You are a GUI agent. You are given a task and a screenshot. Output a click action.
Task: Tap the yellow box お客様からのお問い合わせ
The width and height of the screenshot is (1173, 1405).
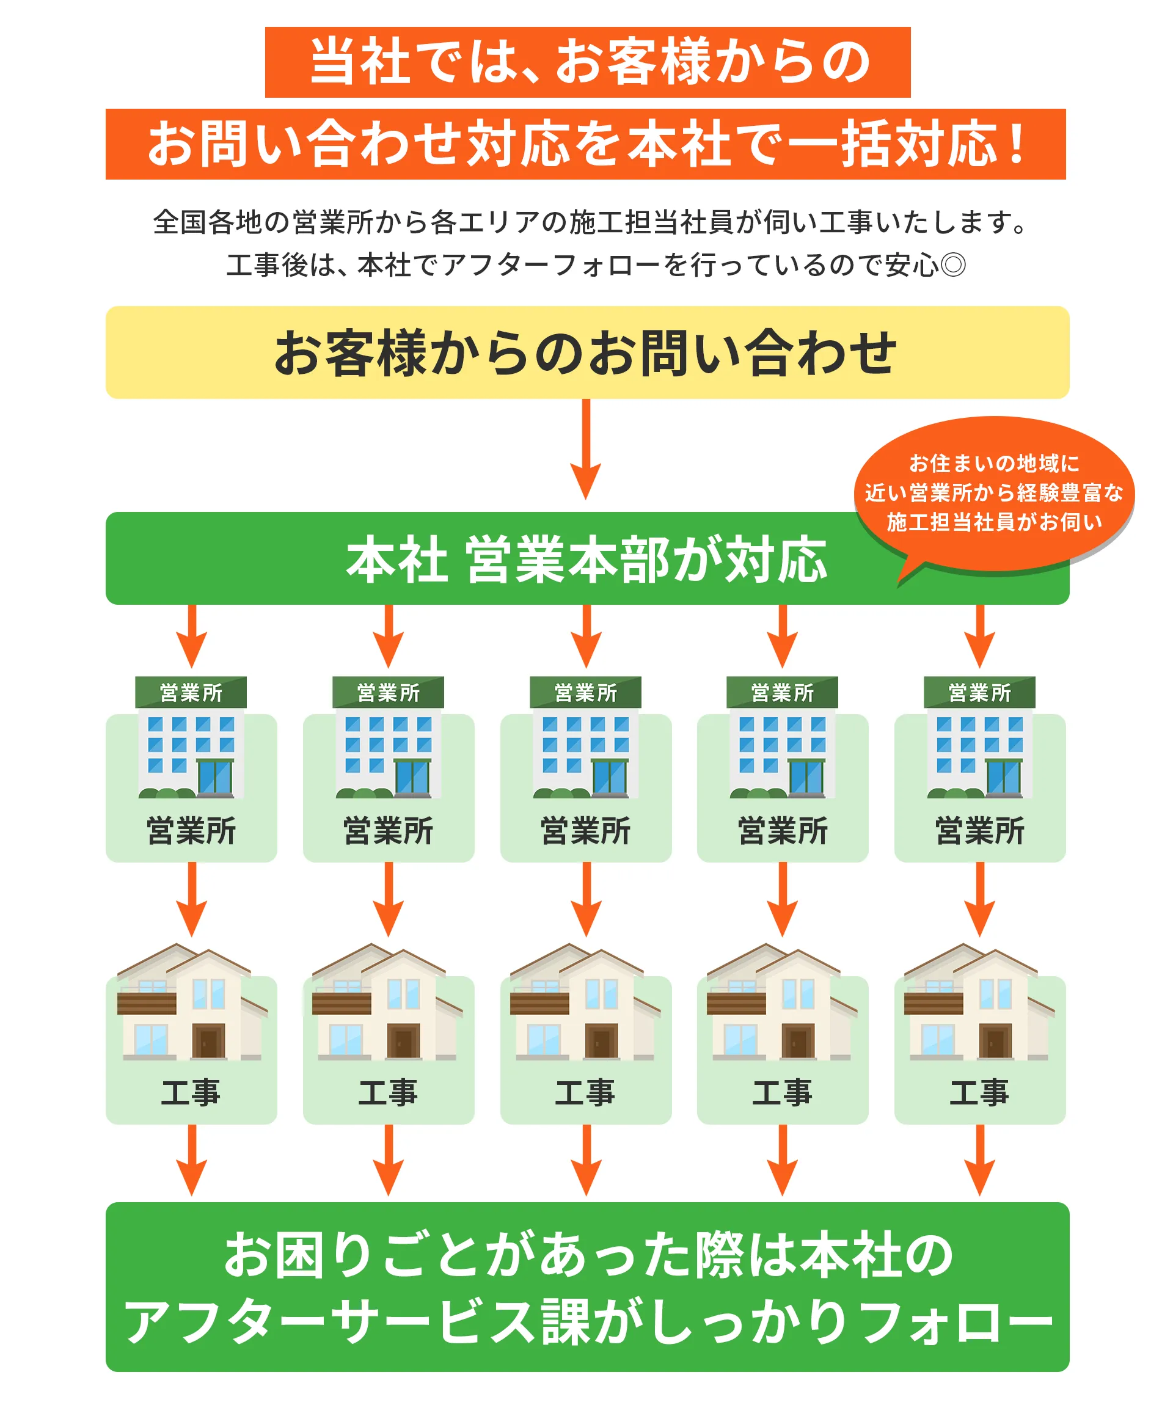pyautogui.click(x=587, y=352)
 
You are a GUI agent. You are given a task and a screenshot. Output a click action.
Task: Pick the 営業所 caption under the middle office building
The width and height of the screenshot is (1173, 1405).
pyautogui.click(x=585, y=831)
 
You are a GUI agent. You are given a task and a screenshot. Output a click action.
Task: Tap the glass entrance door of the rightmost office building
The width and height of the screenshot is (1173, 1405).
pyautogui.click(x=1003, y=778)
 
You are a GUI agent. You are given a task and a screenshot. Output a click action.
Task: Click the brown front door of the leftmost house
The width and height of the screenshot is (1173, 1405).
pyautogui.click(x=208, y=1042)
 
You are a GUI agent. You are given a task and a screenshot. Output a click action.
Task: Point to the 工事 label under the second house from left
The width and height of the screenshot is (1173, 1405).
pyautogui.click(x=388, y=1093)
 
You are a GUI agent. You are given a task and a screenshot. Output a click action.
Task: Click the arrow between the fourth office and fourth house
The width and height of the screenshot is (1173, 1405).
pyautogui.click(x=782, y=900)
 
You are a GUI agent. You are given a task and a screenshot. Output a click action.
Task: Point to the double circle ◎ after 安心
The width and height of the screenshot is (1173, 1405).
pyautogui.click(x=953, y=265)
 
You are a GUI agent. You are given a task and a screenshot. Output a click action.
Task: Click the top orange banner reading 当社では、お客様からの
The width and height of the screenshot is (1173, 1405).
pyautogui.click(x=587, y=62)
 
